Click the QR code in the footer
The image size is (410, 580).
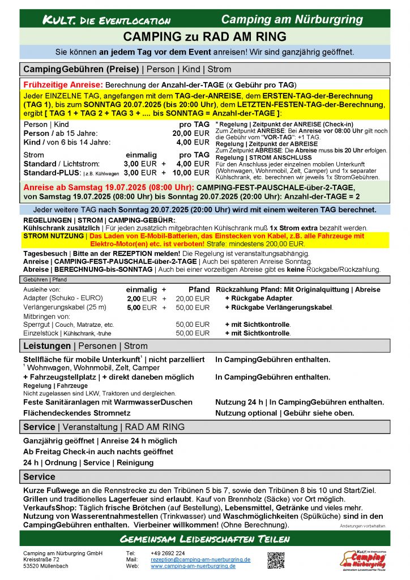coord(276,559)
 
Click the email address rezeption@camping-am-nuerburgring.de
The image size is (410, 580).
coord(200,559)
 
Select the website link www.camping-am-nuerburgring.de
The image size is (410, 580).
coord(193,565)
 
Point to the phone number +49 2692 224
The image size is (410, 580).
coord(168,553)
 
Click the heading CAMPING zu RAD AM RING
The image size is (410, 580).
coord(205,37)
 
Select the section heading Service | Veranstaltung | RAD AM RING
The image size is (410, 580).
coord(104,427)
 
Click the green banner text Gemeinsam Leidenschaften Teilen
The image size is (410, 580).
coord(204,538)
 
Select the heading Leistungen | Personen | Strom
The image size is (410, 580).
coord(85,346)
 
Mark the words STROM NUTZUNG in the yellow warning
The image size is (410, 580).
coord(53,236)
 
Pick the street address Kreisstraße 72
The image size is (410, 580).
coord(42,559)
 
